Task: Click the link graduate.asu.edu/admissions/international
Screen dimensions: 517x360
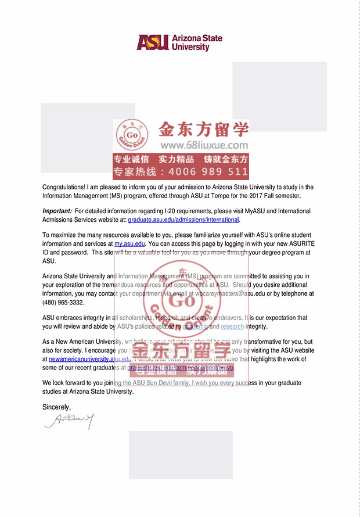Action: click(x=183, y=220)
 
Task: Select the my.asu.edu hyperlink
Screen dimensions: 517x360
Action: click(x=129, y=245)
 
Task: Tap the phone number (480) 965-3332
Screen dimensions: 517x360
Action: click(x=63, y=302)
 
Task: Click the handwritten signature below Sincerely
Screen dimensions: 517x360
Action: click(x=69, y=420)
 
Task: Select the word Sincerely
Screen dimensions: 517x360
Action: click(x=57, y=407)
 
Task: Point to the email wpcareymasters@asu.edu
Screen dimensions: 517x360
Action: click(x=219, y=294)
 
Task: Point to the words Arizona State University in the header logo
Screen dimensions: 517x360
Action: click(x=197, y=42)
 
